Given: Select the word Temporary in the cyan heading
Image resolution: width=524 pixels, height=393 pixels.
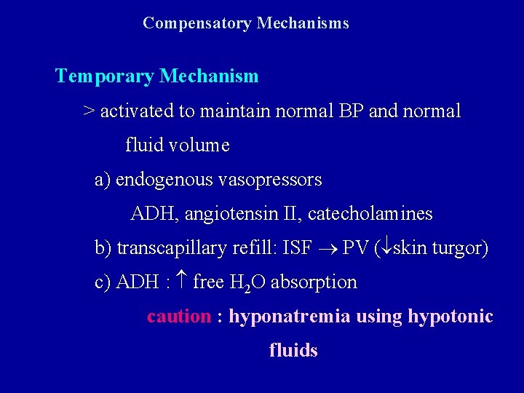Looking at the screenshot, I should click(105, 76).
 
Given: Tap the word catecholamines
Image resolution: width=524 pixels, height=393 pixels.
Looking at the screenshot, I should click(370, 214).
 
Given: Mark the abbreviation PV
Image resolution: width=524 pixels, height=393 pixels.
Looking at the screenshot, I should click(355, 248).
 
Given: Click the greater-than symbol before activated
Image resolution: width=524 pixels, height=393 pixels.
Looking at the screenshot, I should click(89, 111).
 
